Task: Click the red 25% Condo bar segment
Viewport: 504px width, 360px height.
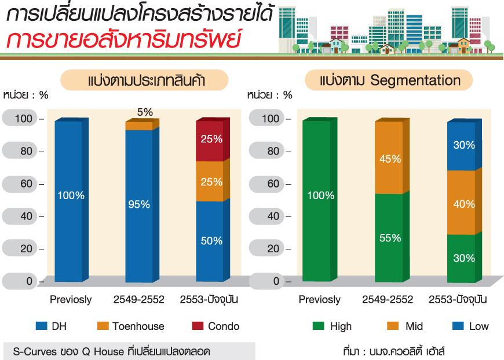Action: pos(209,140)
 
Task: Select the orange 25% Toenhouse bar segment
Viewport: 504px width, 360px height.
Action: pos(209,181)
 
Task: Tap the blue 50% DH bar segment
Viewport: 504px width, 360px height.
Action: pos(209,241)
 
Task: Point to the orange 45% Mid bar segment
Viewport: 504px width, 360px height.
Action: pos(389,157)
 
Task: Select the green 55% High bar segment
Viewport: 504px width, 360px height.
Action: pos(389,237)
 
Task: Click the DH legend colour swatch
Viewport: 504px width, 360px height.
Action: pos(41,326)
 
